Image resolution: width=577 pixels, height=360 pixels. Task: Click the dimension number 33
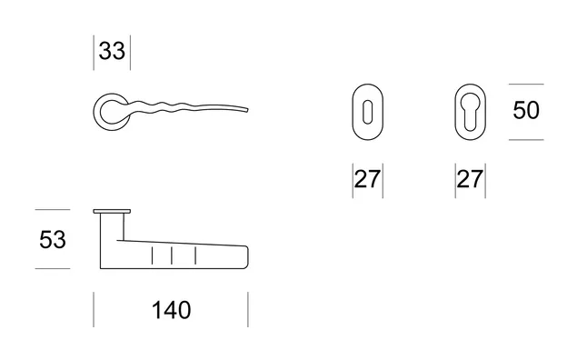pyautogui.click(x=112, y=51)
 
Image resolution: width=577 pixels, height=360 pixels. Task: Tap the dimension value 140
pyautogui.click(x=172, y=310)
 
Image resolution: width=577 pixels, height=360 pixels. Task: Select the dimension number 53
pyautogui.click(x=53, y=240)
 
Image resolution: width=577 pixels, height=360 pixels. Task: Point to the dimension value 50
pyautogui.click(x=526, y=110)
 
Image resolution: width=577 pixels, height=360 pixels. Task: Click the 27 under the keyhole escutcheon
pyautogui.click(x=368, y=179)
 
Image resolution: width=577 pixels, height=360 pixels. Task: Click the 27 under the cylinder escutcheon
pyautogui.click(x=470, y=179)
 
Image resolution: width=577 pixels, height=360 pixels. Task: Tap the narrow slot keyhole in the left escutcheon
pyautogui.click(x=368, y=112)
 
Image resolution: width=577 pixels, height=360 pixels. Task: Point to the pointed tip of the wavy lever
pyautogui.click(x=248, y=109)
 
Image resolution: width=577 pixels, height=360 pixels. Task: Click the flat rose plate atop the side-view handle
pyautogui.click(x=112, y=211)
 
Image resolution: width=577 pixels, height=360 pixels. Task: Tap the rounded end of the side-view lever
pyautogui.click(x=247, y=256)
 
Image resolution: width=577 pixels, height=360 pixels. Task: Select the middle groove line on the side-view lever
pyautogui.click(x=172, y=255)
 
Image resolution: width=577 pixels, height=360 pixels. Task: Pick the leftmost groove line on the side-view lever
pyautogui.click(x=152, y=255)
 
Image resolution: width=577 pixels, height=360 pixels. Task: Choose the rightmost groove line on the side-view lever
pyautogui.click(x=195, y=255)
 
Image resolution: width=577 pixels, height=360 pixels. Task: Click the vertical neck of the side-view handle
pyautogui.click(x=112, y=226)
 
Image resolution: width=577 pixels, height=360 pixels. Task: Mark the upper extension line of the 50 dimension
pyautogui.click(x=526, y=85)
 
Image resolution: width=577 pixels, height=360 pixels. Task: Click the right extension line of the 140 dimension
pyautogui.click(x=248, y=310)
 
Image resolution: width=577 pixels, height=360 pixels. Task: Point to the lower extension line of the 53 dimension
pyautogui.click(x=53, y=269)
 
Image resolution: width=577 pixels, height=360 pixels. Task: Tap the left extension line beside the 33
pyautogui.click(x=94, y=53)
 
